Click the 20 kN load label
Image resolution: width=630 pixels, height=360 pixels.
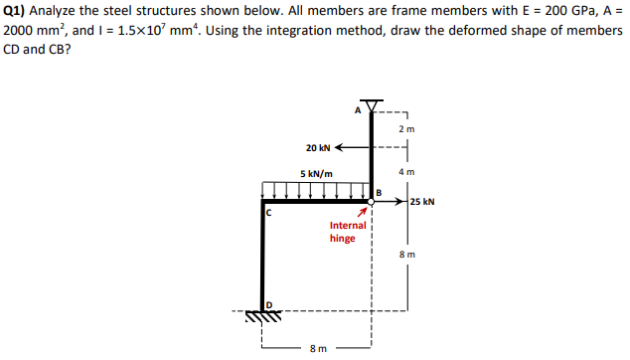coord(318,148)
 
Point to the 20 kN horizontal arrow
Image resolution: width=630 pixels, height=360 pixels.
coord(353,148)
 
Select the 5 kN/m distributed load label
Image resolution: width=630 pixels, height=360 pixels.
coord(316,174)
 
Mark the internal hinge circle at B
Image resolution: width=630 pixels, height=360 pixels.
coord(372,202)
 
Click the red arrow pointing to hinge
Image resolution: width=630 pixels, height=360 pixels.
coord(365,212)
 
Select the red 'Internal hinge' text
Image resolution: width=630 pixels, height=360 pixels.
coord(347,232)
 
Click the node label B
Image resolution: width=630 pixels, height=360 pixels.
coord(379,191)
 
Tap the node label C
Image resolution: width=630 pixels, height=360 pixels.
coord(267,212)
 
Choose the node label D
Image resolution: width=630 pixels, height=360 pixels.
coord(266,302)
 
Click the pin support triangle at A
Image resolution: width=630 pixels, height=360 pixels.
coord(372,107)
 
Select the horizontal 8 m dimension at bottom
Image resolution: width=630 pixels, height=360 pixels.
coord(317,349)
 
